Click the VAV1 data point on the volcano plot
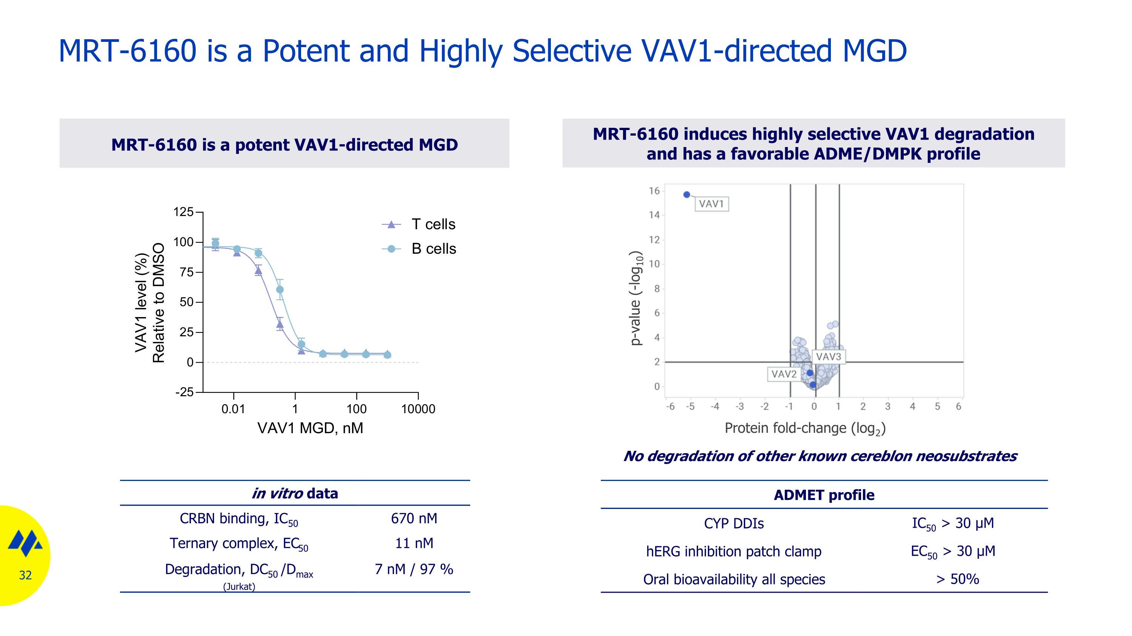687,195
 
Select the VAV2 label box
783,374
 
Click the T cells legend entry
433,224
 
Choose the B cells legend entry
433,249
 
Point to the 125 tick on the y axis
184,212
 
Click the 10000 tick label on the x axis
418,409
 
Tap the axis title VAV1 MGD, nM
310,428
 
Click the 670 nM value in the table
414,518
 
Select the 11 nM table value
414,543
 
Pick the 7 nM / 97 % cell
414,569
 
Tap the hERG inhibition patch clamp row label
734,552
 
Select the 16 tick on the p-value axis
654,191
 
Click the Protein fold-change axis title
804,428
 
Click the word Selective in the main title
572,51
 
